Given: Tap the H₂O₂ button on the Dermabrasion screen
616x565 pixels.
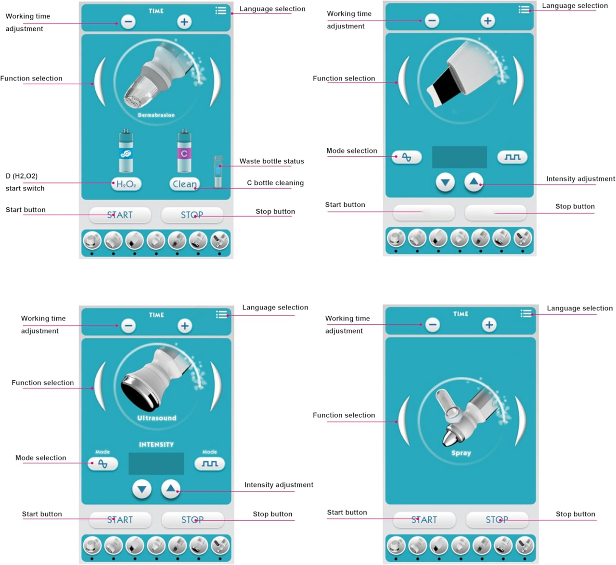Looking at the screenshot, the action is point(126,184).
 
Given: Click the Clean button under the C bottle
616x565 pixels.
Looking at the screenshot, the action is point(184,184).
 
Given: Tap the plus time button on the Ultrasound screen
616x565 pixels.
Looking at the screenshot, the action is point(184,326).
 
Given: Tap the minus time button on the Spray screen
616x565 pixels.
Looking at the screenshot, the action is point(433,325).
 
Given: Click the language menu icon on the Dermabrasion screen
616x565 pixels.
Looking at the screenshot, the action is point(221,11).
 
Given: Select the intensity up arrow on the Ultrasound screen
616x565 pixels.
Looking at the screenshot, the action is point(170,489).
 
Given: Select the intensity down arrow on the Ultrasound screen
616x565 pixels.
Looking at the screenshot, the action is point(142,489).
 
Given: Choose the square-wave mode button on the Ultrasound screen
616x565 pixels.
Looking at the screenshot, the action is point(209,463).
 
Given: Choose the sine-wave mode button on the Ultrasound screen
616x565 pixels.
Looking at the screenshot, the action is point(103,463).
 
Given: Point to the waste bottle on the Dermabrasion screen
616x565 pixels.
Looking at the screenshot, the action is point(218,172).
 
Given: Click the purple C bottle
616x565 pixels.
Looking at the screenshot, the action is point(184,152).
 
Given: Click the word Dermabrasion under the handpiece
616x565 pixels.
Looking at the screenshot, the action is point(156,115).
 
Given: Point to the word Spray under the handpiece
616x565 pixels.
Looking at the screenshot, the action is point(461,453).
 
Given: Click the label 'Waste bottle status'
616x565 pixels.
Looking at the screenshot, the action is point(271,161).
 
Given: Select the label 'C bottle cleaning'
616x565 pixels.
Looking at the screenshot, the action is point(275,183).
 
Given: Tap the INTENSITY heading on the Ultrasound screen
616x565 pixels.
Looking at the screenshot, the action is point(156,444).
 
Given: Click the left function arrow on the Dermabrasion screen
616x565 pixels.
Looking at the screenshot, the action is point(100,82).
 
